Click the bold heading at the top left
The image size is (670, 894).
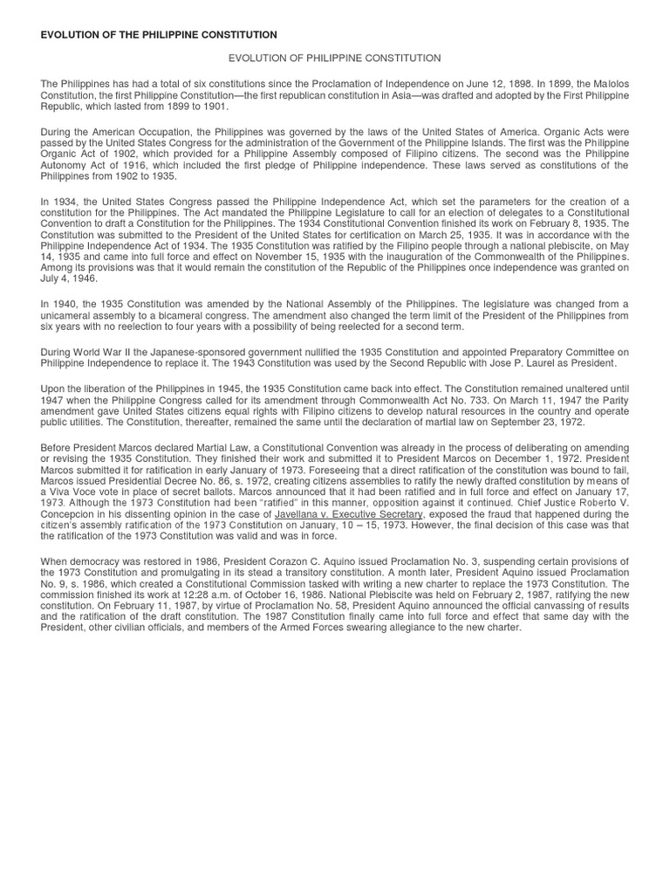[159, 34]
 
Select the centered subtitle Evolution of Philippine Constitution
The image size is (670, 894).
[334, 58]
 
